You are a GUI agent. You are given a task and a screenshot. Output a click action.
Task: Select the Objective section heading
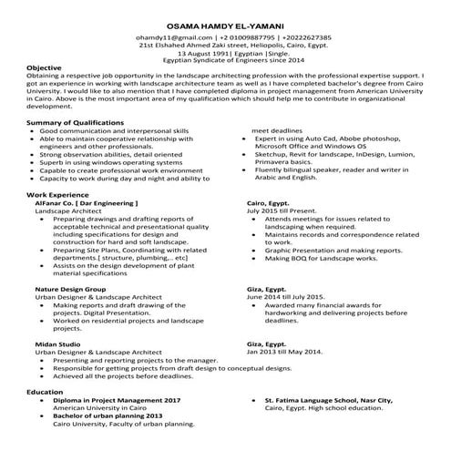tap(44, 67)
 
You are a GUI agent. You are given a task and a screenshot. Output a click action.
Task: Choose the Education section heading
tap(46, 391)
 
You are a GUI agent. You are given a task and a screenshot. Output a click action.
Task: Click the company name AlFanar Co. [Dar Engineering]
tap(87, 228)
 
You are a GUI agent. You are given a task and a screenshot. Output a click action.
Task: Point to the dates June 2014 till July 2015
tap(286, 296)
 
